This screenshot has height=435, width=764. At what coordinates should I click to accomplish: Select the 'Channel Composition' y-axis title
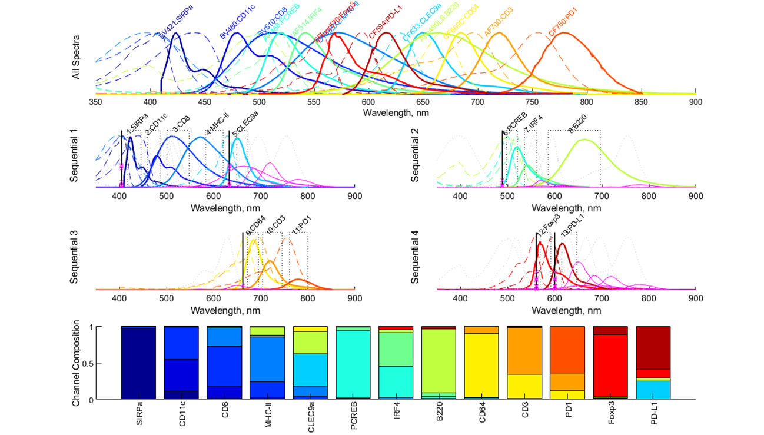click(77, 363)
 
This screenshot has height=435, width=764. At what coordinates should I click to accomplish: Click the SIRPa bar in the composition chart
click(138, 363)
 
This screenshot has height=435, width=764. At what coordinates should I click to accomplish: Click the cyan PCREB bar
click(353, 363)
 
